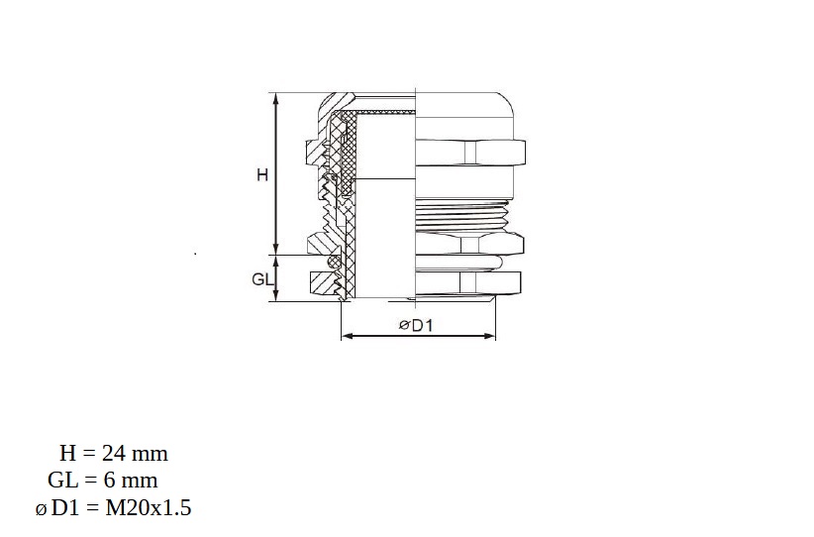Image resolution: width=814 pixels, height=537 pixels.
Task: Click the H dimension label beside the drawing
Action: click(x=262, y=175)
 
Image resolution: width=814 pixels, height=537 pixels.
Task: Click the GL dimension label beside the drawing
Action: click(x=262, y=279)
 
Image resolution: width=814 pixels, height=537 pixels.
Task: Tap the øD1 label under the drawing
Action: click(x=416, y=325)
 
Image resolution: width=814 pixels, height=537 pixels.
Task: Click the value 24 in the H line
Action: click(x=114, y=454)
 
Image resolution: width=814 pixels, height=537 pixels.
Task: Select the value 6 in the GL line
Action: click(x=109, y=480)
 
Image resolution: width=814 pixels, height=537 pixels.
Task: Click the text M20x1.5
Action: click(x=149, y=507)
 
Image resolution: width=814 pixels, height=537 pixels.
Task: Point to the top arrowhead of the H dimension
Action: click(x=276, y=98)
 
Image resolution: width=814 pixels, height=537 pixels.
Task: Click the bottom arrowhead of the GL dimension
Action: click(x=276, y=296)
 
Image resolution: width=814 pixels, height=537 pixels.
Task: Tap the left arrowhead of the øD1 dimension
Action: click(x=347, y=336)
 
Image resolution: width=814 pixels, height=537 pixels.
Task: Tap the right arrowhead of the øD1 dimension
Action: click(x=490, y=336)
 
